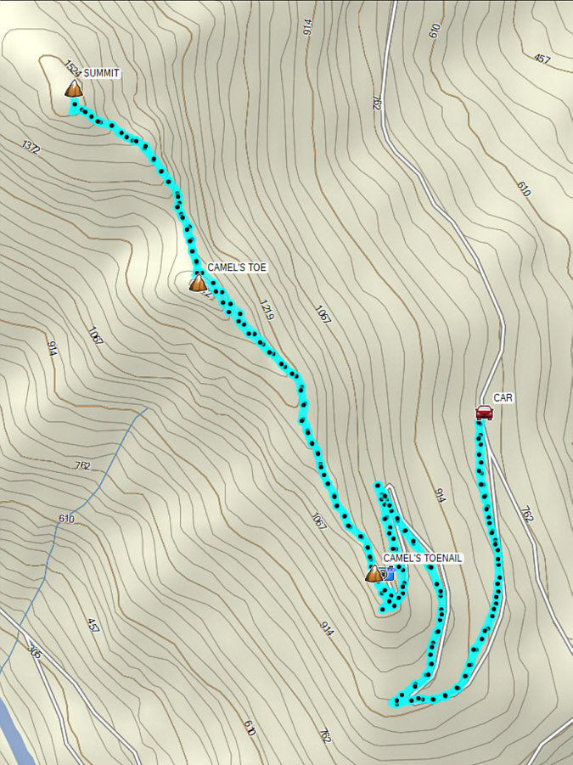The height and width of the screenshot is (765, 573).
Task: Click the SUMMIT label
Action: [101, 74]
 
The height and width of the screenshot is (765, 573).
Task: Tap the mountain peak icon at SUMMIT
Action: [74, 87]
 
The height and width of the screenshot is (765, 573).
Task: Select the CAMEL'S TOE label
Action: [237, 267]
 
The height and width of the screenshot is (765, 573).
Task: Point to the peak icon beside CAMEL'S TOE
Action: [197, 282]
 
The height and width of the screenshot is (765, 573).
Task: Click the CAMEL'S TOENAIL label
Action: [423, 558]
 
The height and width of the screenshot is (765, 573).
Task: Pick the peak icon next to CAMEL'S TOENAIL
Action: [374, 574]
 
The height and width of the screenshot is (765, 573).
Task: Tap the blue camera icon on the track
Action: [390, 575]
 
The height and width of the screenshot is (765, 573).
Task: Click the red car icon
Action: [484, 413]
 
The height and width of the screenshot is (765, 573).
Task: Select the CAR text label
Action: [503, 397]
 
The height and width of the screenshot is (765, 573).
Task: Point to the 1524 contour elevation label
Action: [71, 68]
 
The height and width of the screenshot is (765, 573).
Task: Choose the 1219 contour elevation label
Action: [267, 311]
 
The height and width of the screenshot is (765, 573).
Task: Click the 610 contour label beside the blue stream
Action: [67, 519]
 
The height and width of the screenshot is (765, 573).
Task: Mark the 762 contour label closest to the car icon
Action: [526, 514]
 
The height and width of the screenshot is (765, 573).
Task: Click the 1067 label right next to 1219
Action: [323, 315]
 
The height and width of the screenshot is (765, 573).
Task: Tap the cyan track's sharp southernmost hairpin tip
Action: [395, 703]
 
